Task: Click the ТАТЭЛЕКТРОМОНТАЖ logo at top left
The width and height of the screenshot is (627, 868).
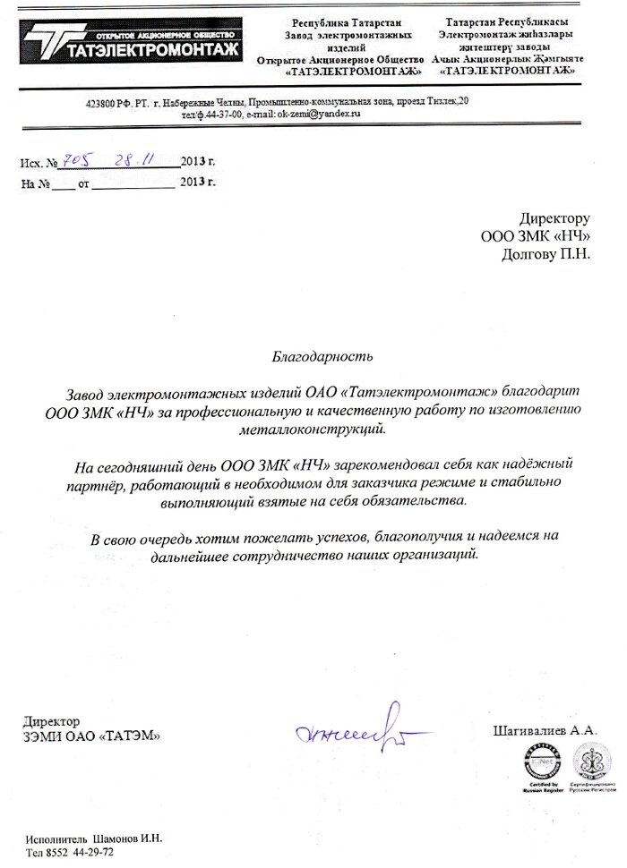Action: point(134,41)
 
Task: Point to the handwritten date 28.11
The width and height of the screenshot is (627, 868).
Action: point(136,159)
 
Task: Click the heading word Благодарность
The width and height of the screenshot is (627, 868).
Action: point(320,356)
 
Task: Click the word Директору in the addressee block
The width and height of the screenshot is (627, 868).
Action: point(555,218)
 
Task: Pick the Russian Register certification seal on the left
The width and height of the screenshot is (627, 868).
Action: point(540,765)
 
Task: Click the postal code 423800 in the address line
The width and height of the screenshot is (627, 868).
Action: point(102,105)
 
